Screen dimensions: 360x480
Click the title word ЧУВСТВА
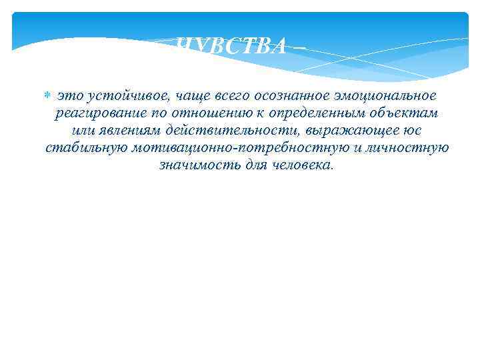pyautogui.click(x=233, y=46)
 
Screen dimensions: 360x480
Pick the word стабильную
pyautogui.click(x=83, y=147)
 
